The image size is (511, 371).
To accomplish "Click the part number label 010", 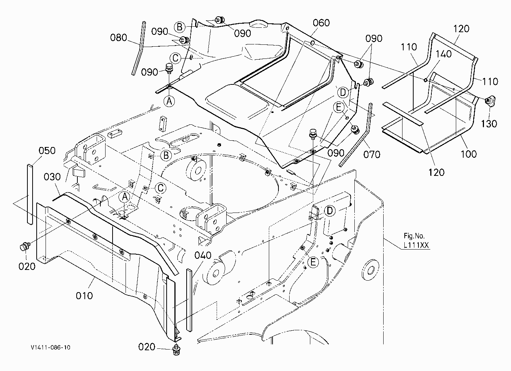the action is (84, 296).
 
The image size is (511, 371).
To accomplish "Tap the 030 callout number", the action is (52, 177).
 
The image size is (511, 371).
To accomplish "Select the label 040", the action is (203, 255).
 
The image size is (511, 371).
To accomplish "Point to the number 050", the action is (47, 151).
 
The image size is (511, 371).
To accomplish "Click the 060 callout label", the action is (321, 23).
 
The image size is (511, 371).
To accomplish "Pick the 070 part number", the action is (372, 154).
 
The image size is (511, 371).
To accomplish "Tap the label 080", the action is (118, 38).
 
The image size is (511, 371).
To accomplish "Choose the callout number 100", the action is (469, 154).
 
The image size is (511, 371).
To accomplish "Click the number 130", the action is (489, 124).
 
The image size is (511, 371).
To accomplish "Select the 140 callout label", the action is (444, 54).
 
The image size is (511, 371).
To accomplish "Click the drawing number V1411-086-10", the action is (51, 348).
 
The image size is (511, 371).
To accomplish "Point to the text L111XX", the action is (416, 245).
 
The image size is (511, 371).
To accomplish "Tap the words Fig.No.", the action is (414, 235).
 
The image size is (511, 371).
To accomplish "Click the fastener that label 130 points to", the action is (490, 101).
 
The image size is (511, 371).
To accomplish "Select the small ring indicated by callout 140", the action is (425, 80).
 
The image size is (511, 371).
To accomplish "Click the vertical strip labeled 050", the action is (30, 194).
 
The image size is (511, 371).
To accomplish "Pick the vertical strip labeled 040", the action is (190, 300).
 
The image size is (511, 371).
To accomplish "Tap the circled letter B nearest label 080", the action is (180, 27).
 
